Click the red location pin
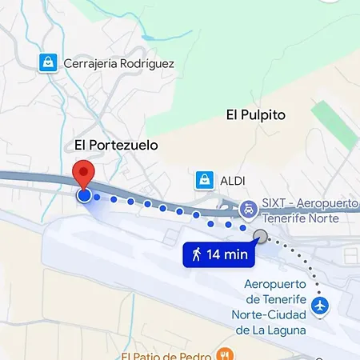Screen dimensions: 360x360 84,174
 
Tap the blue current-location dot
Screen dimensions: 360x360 84,194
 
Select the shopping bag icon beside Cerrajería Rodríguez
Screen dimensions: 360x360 48,62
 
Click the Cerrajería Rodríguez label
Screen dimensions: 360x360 118,63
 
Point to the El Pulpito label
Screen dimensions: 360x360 256,115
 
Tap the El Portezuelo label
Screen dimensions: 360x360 116,145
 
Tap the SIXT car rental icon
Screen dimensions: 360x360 249,210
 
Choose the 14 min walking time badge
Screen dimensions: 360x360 218,255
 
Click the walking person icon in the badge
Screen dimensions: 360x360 196,255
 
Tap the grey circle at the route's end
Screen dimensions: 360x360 260,235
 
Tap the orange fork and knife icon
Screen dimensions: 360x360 226,354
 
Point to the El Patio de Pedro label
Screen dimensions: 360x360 166,355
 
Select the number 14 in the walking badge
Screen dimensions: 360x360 214,255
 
